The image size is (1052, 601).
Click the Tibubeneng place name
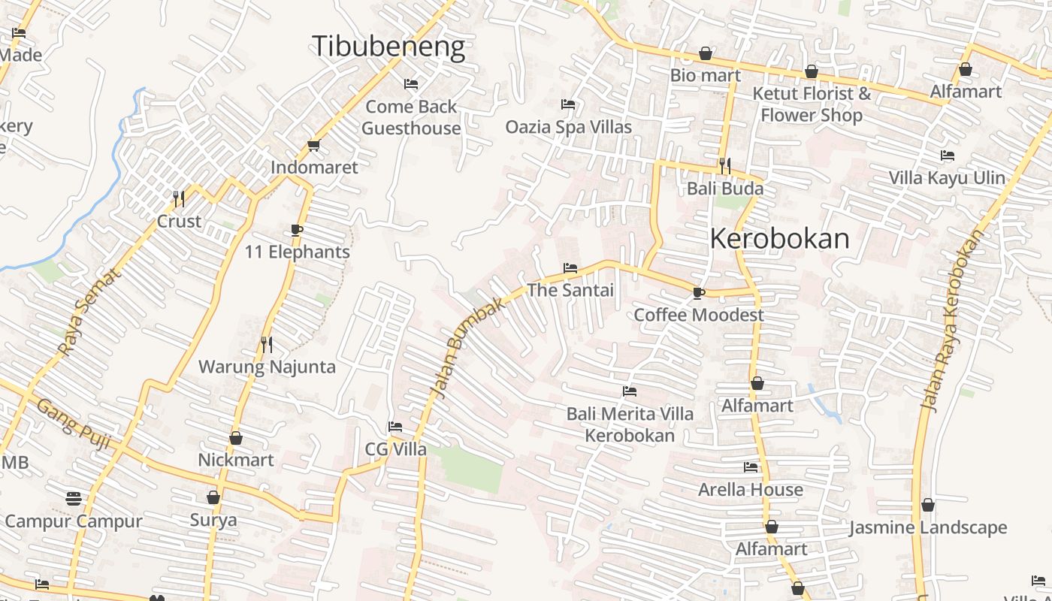(388, 47)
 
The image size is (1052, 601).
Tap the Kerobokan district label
(779, 239)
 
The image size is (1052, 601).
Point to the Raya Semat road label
(89, 312)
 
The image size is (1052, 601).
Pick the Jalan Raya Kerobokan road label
(952, 321)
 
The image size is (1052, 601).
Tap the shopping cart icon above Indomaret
(313, 145)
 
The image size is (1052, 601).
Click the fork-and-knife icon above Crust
(179, 199)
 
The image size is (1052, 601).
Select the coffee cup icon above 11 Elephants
(297, 230)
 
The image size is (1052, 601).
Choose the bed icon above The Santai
(570, 268)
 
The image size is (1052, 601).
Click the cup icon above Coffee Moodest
(698, 293)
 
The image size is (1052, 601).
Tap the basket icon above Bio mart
(705, 53)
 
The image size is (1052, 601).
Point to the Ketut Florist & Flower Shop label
(812, 104)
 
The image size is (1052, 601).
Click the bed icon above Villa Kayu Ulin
(947, 156)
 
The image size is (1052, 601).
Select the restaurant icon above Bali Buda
(725, 166)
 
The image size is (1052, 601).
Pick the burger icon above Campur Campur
(74, 499)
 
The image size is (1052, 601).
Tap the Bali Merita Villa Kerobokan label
(630, 424)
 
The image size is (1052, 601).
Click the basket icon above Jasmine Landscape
(928, 506)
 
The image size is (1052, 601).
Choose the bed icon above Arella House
(750, 467)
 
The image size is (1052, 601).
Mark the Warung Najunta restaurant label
(267, 367)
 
